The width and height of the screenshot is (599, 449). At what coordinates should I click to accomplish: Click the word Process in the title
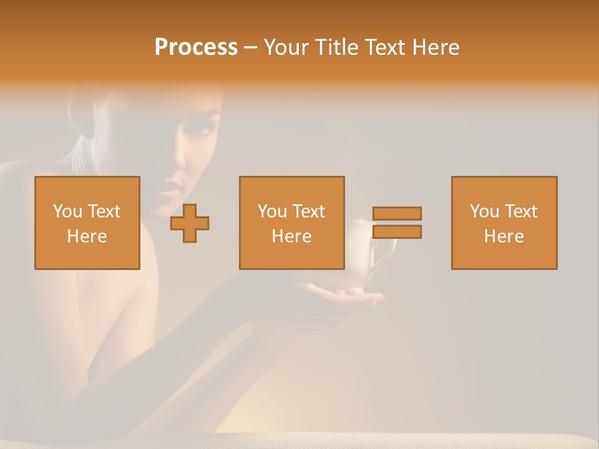(196, 47)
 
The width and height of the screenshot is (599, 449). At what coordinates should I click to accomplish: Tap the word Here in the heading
(435, 47)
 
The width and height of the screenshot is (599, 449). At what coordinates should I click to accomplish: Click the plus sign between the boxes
(190, 223)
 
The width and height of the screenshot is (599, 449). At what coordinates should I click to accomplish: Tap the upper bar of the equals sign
(397, 213)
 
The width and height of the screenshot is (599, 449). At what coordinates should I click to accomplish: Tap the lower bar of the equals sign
(397, 232)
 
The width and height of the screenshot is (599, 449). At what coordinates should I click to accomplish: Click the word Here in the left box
(87, 236)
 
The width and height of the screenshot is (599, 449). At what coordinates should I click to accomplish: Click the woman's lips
(167, 193)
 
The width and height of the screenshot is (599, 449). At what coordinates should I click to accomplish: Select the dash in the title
(251, 47)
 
